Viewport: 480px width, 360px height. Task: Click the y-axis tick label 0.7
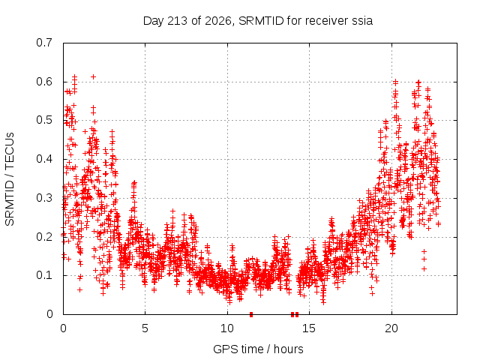[44, 43]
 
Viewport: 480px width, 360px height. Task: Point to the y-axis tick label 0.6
[44, 82]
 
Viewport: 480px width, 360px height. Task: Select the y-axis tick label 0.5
[44, 120]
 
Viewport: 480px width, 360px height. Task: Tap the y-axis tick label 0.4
[44, 159]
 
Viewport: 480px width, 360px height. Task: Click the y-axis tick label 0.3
[44, 198]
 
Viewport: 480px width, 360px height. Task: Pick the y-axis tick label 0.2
[44, 237]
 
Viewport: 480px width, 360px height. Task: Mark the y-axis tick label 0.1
[44, 275]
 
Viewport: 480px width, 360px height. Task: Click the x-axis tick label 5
[145, 328]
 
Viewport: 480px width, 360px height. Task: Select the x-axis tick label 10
[227, 328]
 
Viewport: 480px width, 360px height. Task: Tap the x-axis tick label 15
[309, 328]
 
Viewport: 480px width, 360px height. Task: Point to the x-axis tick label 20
[391, 328]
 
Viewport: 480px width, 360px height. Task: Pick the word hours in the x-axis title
[288, 349]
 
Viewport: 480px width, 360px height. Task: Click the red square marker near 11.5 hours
[251, 314]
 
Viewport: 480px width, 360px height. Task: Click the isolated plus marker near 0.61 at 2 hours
[94, 76]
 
